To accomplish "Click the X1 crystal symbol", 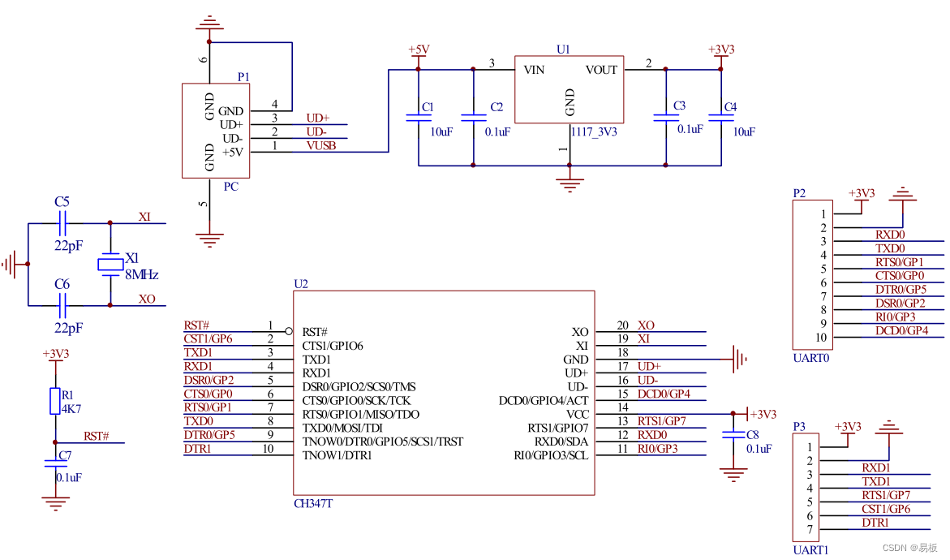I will pyautogui.click(x=110, y=263).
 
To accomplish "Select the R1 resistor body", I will pyautogui.click(x=55, y=400).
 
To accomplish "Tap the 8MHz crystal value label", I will pyautogui.click(x=140, y=275).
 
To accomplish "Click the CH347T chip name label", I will pyautogui.click(x=313, y=504).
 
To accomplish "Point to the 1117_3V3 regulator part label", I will pyautogui.click(x=594, y=131).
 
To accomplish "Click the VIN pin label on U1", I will pyautogui.click(x=535, y=70).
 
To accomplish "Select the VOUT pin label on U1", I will pyautogui.click(x=601, y=70).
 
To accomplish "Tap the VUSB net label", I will pyautogui.click(x=320, y=145).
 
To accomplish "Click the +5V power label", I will pyautogui.click(x=418, y=50).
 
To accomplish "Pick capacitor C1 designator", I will pyautogui.click(x=428, y=107).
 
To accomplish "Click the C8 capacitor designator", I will pyautogui.click(x=752, y=434).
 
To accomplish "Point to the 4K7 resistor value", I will pyautogui.click(x=72, y=408).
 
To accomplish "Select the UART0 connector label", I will pyautogui.click(x=810, y=357).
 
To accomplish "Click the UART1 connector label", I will pyautogui.click(x=810, y=549).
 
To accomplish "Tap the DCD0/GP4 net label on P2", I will pyautogui.click(x=901, y=330).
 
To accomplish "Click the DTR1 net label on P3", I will pyautogui.click(x=875, y=523).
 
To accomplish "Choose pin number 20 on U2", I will pyautogui.click(x=622, y=325).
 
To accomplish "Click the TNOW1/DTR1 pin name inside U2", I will pyautogui.click(x=337, y=455).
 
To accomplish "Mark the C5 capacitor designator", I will pyautogui.click(x=62, y=201).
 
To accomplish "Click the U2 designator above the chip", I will pyautogui.click(x=301, y=284).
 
